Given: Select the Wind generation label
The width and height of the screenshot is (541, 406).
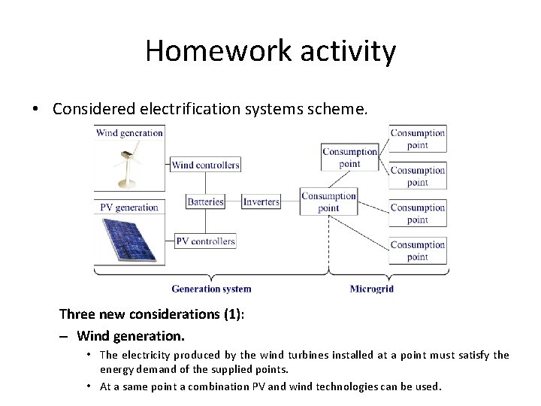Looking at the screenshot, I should click(x=129, y=133).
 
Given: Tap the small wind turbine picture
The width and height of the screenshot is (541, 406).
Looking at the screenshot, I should click(x=128, y=165).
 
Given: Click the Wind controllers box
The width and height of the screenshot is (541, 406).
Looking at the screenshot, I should click(x=205, y=165).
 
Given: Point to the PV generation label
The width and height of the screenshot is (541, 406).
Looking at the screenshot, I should click(x=128, y=208).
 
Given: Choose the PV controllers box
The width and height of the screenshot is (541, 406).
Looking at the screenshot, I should click(x=205, y=241).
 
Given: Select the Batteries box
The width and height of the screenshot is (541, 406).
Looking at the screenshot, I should click(x=205, y=201).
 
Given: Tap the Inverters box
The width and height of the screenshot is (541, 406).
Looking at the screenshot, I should click(x=261, y=201).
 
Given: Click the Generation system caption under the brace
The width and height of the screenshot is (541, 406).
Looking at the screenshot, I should click(x=211, y=289).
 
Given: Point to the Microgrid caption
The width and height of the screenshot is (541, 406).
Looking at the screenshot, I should click(x=371, y=289).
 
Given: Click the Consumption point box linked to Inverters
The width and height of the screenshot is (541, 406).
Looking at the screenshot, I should click(x=328, y=201).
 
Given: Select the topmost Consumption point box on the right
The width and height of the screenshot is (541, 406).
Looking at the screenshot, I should click(x=418, y=138).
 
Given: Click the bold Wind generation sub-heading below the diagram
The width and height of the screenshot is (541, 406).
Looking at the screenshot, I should click(x=131, y=335).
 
